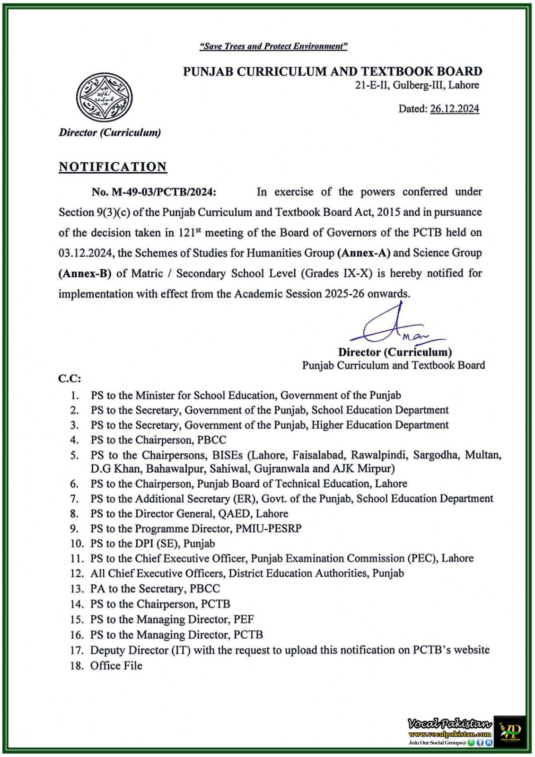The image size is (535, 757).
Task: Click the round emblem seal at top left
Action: (104, 97)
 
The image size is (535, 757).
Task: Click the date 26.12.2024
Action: (454, 109)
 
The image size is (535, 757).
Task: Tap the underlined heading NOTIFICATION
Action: (113, 167)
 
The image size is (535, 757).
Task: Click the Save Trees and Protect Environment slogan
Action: (273, 46)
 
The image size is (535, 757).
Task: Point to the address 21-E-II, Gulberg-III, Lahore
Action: (417, 86)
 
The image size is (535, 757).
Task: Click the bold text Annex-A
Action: (363, 253)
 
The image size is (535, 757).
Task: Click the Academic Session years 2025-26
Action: (344, 294)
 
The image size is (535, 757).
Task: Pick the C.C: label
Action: (70, 378)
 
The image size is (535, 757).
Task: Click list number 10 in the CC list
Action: (77, 544)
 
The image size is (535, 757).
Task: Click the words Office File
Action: (116, 666)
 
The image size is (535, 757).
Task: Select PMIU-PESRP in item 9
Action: (272, 528)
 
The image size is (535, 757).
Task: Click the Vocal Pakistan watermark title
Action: (449, 723)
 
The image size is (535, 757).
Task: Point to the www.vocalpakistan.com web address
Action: (450, 734)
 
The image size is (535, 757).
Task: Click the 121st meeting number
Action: (188, 233)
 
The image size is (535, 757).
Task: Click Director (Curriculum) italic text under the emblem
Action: (110, 132)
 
